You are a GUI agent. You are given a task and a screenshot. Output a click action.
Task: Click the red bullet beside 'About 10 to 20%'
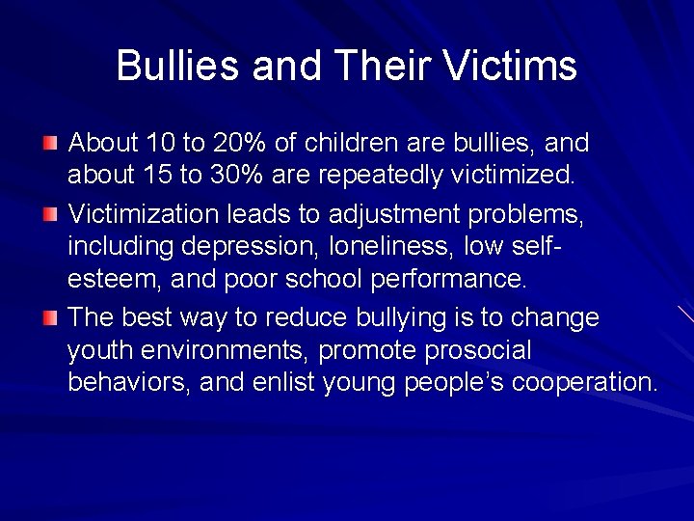(50, 144)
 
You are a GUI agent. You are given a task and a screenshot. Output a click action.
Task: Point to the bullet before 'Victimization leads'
(50, 212)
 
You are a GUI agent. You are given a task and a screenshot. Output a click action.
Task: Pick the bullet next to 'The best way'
(50, 315)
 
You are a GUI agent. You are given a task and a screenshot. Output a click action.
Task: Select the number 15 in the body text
(155, 176)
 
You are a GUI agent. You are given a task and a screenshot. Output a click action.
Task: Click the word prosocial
(477, 349)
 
